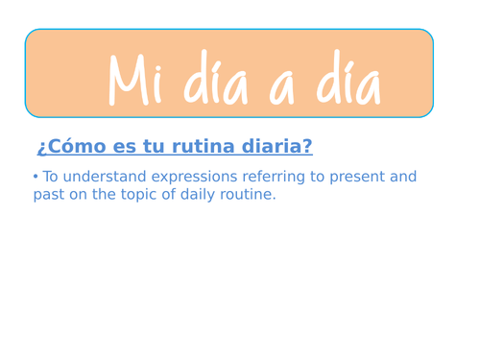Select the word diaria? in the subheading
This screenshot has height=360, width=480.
pos(276,147)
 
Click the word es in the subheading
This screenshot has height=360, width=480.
pos(123,147)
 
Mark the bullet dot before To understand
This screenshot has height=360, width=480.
pos(36,177)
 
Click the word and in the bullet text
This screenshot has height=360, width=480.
pos(403,178)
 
